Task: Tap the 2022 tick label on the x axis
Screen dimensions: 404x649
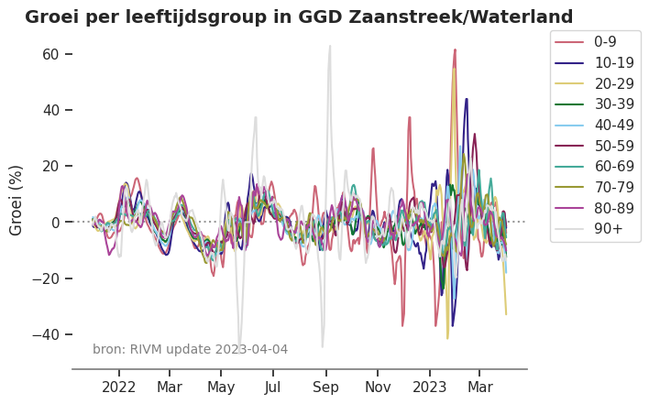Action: (119, 388)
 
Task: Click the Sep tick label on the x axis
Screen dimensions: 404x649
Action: (325, 388)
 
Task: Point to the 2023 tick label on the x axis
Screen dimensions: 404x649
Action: (430, 388)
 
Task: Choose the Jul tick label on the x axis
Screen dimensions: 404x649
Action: (273, 388)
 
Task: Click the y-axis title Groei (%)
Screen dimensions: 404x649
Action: (16, 200)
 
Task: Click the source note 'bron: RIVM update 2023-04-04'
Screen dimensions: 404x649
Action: (190, 349)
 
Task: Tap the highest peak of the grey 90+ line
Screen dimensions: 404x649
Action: (330, 46)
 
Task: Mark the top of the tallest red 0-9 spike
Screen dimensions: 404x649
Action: (455, 49)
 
